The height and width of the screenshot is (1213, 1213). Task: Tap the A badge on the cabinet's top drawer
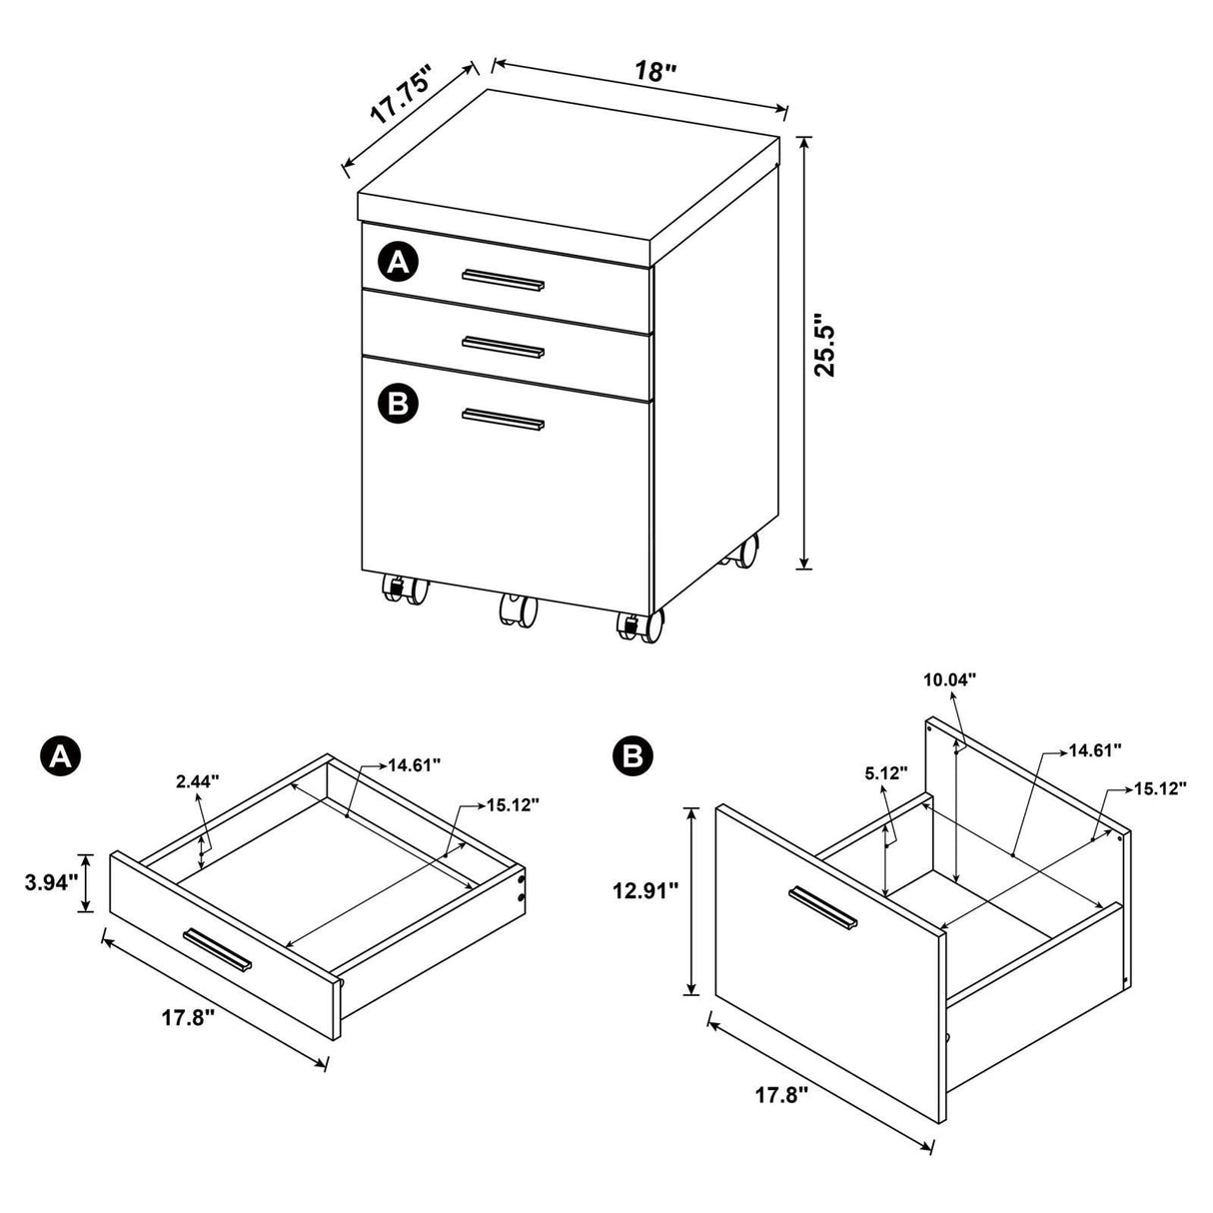[399, 263]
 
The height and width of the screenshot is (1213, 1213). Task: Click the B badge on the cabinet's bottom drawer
[399, 404]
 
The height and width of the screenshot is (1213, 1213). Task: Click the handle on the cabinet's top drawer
[504, 279]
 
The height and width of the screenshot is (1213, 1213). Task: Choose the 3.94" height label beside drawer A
[52, 882]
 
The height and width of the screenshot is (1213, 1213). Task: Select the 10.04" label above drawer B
[948, 679]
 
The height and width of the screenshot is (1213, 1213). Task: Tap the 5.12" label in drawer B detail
[884, 772]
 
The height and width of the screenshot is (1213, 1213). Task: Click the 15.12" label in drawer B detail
[1159, 788]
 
